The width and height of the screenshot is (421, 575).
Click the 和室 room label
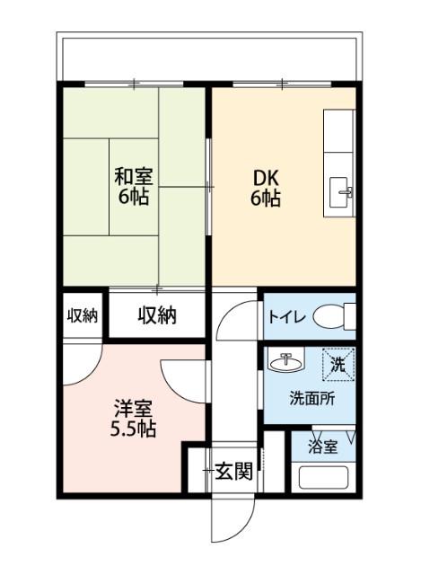click(x=132, y=175)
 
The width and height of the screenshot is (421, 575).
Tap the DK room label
click(x=265, y=176)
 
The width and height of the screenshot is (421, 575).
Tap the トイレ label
click(x=288, y=317)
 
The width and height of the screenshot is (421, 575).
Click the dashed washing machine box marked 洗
click(x=338, y=365)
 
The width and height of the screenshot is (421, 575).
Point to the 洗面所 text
click(x=311, y=399)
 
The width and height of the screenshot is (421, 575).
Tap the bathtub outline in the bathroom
click(x=323, y=476)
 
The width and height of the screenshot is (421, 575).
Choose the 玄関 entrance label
click(x=232, y=471)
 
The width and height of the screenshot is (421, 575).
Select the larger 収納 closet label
click(x=157, y=315)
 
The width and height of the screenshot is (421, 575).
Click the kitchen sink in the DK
click(x=343, y=190)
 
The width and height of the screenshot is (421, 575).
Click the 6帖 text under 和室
click(x=133, y=197)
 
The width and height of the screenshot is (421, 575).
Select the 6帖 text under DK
click(x=265, y=198)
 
